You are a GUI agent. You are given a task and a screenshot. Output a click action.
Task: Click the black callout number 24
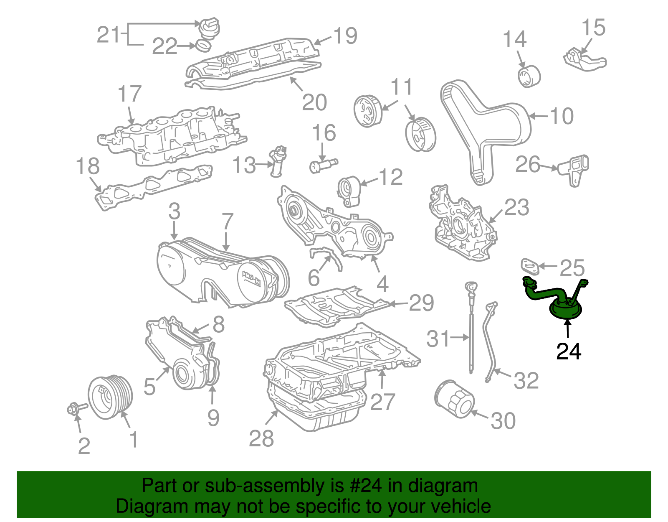click(569, 351)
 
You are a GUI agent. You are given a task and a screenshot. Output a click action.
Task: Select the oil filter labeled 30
click(454, 399)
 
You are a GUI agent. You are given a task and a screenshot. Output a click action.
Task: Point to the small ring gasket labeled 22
click(202, 46)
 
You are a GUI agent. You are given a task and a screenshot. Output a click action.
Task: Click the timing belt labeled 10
click(484, 125)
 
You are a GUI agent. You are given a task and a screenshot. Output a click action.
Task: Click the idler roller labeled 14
click(529, 76)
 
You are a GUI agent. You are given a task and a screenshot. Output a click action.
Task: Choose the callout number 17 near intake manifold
click(130, 94)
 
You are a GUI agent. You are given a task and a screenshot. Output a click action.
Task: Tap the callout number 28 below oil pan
click(261, 438)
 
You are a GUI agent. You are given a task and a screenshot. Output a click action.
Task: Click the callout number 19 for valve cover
click(345, 36)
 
